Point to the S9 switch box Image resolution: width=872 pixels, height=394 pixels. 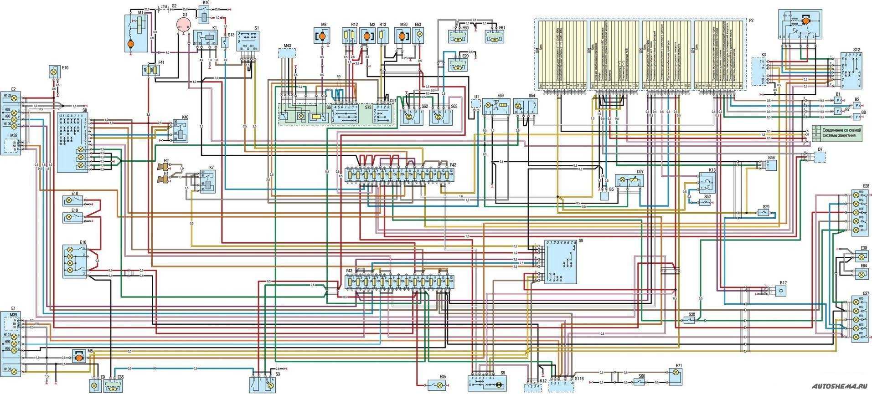tap(561, 262)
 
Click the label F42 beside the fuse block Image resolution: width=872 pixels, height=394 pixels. tap(453, 164)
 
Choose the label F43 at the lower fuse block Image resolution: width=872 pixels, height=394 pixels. tap(349, 271)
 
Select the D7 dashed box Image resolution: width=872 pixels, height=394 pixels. tap(820, 157)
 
